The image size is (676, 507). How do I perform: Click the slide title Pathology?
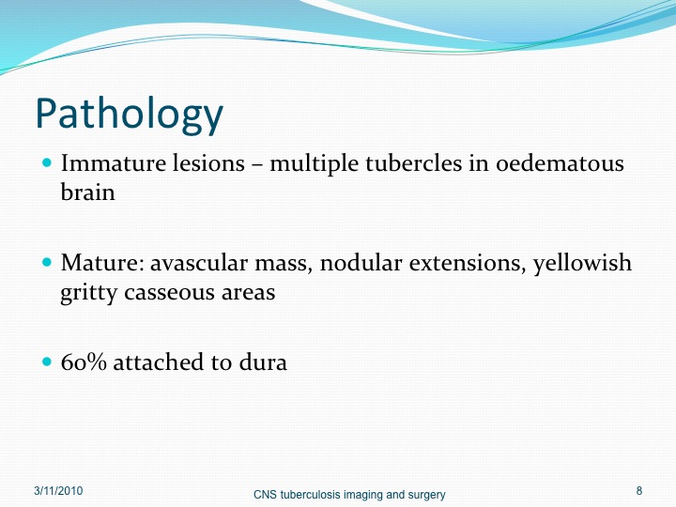coord(129,114)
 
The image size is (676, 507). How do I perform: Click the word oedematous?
coord(560,163)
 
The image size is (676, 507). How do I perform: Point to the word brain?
coord(88,192)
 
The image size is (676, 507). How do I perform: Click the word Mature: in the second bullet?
coord(102,263)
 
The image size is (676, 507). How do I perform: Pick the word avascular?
coord(199,263)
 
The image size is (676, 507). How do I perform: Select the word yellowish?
coord(582,264)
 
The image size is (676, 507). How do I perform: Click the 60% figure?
coord(84,361)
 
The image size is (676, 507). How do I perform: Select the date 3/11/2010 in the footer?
coord(58,491)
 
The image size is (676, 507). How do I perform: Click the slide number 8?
coord(639,491)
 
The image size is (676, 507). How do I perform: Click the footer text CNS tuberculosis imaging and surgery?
coord(349,495)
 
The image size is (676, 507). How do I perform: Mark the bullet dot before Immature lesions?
coord(47,163)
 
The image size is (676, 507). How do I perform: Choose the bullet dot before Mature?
coord(47,262)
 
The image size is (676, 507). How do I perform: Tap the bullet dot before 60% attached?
coord(47,361)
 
